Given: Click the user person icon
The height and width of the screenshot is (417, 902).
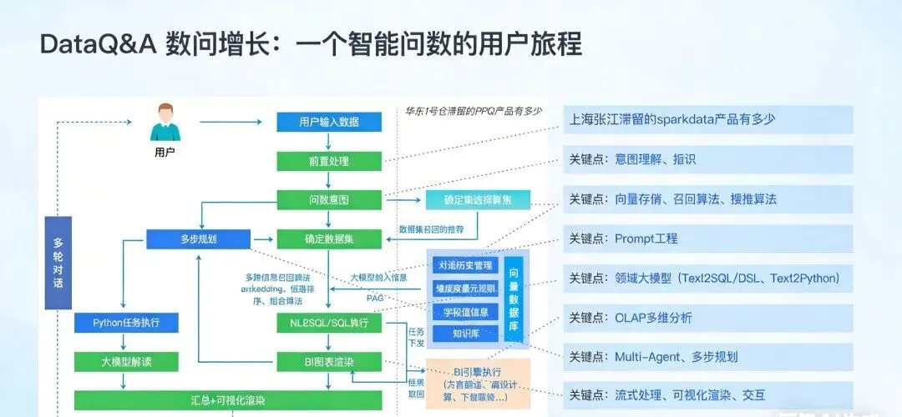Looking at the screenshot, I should click(x=165, y=123).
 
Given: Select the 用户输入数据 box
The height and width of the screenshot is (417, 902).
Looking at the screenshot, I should click(x=329, y=122).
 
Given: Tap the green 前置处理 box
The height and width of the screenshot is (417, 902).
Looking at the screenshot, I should click(x=329, y=161).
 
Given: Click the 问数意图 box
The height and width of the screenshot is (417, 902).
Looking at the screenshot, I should click(x=329, y=200).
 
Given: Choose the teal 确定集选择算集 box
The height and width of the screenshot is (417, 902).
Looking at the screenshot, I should click(x=478, y=200).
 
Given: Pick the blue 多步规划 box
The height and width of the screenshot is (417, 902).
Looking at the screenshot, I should click(x=198, y=239).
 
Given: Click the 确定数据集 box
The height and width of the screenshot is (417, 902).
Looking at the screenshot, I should click(x=329, y=239).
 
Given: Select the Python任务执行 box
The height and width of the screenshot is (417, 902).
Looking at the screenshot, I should click(x=123, y=322).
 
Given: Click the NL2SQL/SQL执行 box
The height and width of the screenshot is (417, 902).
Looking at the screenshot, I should click(x=329, y=322).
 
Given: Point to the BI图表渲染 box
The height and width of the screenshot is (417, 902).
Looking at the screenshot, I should click(x=329, y=361).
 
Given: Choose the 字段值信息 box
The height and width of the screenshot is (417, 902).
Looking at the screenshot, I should click(x=466, y=312).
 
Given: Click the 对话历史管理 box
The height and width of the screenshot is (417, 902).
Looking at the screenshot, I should click(x=466, y=266).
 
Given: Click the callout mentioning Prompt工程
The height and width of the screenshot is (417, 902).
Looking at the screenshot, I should click(x=707, y=239).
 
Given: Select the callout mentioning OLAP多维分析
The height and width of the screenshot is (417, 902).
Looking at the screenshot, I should click(x=707, y=318).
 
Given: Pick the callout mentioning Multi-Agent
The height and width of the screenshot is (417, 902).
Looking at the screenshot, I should click(x=707, y=357).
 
